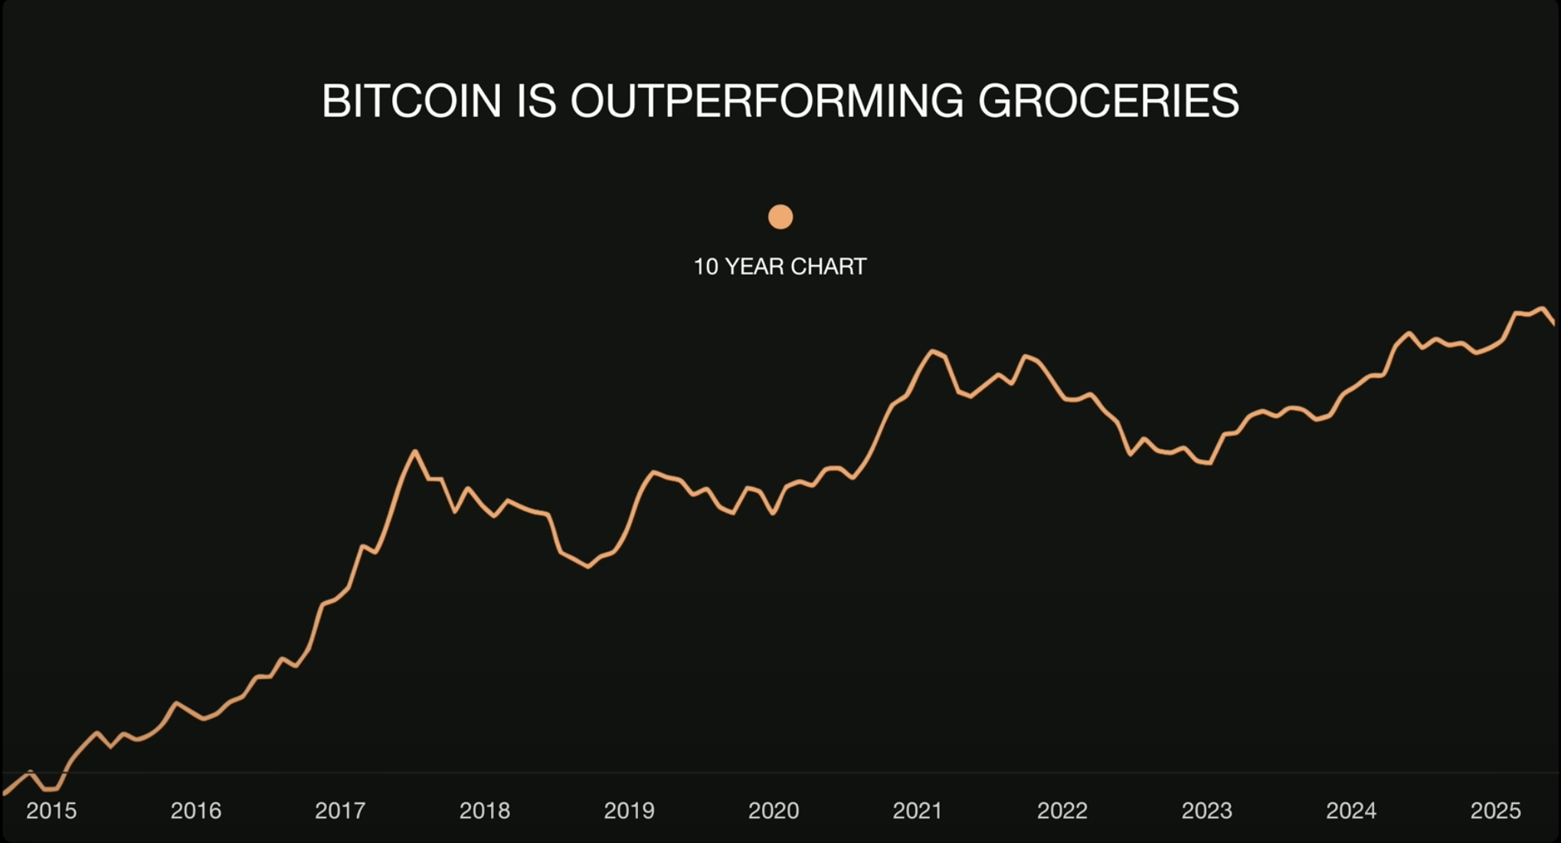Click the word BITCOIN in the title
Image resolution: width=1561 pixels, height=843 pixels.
[411, 101]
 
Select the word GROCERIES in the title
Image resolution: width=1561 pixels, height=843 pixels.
[1108, 101]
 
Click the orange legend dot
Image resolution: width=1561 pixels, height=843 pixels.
[780, 217]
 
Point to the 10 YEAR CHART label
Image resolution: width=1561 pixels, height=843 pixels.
[780, 267]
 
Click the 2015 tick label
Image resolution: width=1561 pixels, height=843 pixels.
[51, 811]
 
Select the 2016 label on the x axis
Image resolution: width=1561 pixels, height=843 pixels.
[196, 811]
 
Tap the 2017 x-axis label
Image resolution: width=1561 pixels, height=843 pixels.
[340, 811]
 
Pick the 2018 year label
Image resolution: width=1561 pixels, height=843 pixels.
[485, 811]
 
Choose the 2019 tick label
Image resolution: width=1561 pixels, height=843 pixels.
[629, 811]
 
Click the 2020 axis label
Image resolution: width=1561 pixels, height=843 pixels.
[774, 811]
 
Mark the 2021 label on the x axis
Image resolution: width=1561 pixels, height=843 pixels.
[918, 811]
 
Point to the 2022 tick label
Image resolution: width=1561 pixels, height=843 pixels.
[1062, 811]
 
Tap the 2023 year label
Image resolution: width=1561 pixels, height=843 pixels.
[1206, 811]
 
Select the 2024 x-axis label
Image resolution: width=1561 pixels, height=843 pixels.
[1351, 811]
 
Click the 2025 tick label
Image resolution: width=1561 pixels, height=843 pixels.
[1495, 811]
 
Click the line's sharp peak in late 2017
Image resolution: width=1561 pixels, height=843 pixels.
[415, 451]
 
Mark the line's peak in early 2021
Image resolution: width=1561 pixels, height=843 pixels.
[933, 351]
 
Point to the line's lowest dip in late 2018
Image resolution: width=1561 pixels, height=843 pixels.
[588, 567]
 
